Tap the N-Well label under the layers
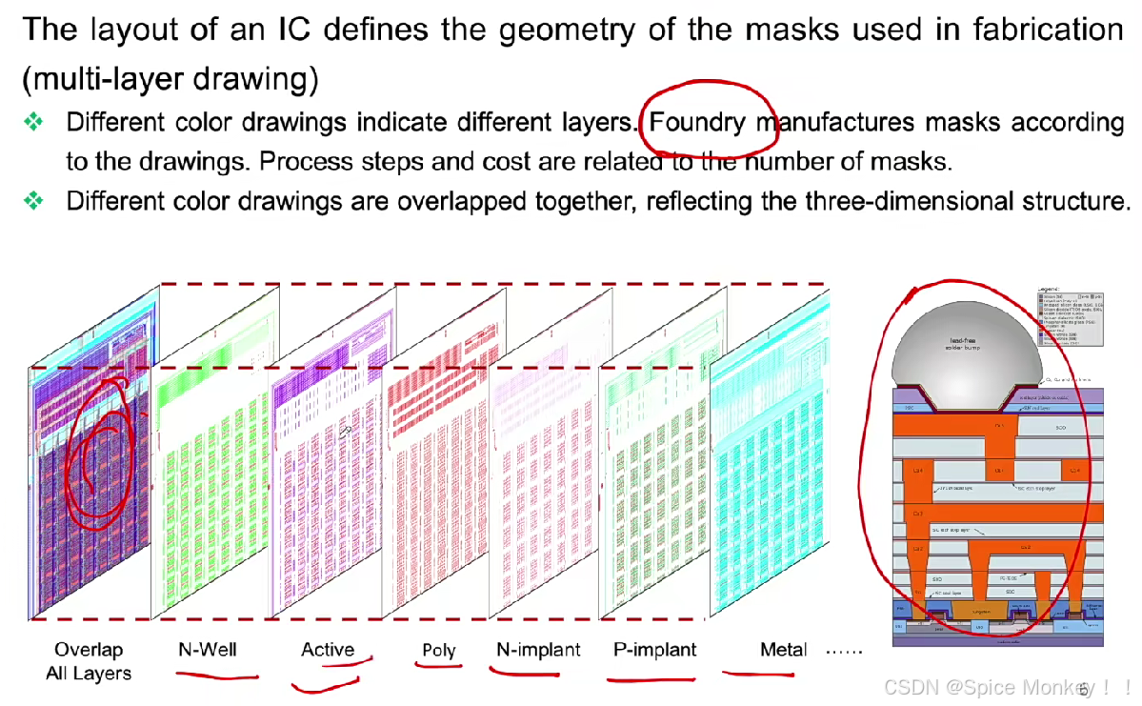[207, 650]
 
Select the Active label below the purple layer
[328, 650]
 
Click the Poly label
[439, 651]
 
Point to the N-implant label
[538, 650]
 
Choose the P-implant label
[655, 650]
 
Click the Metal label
[783, 650]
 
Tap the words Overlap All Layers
[89, 661]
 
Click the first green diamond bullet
[34, 122]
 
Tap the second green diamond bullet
[34, 200]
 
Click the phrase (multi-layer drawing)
[170, 78]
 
